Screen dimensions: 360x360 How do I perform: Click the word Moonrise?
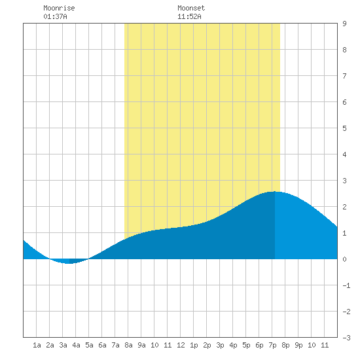click(59, 8)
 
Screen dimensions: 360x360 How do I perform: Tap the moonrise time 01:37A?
click(55, 16)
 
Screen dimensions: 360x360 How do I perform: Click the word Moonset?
click(191, 8)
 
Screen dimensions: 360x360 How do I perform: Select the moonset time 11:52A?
click(189, 16)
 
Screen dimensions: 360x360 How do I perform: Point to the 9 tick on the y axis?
click(344, 24)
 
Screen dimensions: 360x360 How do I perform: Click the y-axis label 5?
click(344, 128)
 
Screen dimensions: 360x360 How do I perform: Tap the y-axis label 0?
click(344, 259)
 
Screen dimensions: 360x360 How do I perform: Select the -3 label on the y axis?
click(346, 338)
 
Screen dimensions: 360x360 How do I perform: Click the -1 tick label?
click(346, 285)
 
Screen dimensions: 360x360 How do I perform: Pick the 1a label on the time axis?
click(37, 345)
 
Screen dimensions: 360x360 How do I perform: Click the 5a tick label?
click(89, 345)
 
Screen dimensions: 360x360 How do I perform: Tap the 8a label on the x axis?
click(128, 345)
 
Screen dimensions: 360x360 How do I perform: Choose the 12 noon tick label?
click(181, 345)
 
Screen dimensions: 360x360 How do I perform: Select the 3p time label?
click(220, 345)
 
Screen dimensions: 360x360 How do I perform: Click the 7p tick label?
click(272, 345)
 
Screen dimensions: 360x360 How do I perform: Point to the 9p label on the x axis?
click(298, 345)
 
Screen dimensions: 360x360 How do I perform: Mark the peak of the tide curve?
click(274, 192)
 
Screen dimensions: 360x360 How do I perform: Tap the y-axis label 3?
click(344, 181)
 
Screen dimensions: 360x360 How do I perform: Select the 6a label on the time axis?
click(102, 345)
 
